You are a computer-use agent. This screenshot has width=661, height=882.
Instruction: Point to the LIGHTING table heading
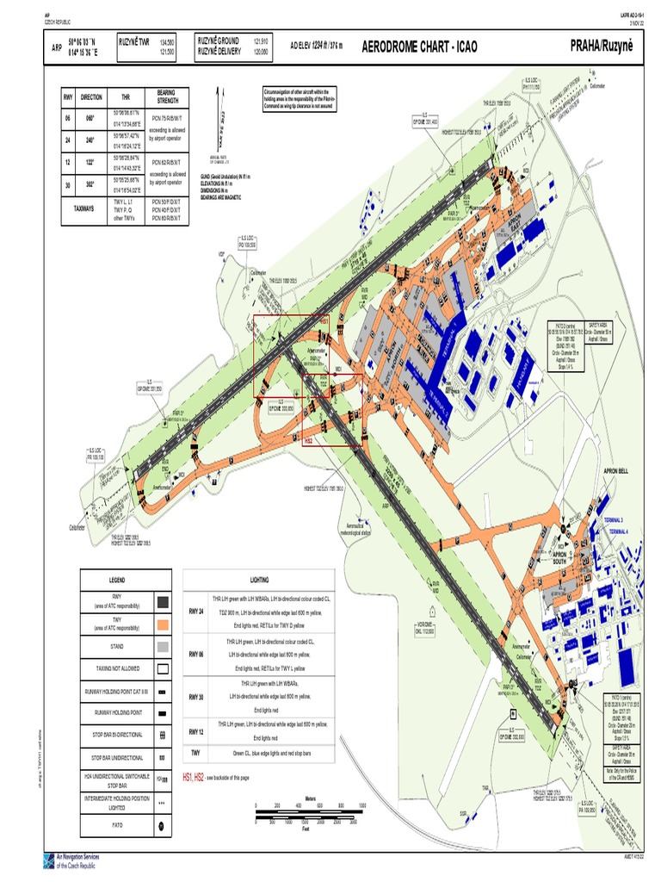(x=259, y=581)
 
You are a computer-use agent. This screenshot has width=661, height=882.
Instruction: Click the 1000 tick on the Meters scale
(x=363, y=805)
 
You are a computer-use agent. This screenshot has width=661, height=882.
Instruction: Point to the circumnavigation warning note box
(x=300, y=98)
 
